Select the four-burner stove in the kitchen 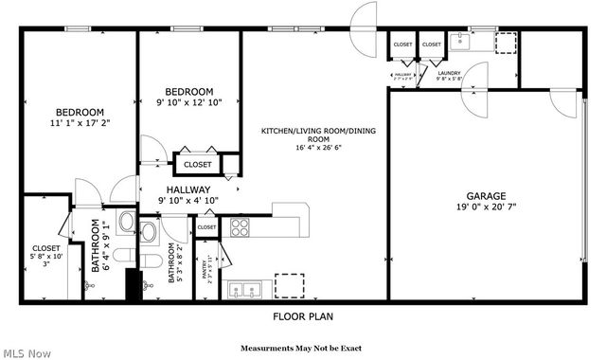pos(239,226)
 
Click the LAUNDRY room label pos(449,72)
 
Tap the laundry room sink pos(461,40)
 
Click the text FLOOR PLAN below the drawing pos(303,316)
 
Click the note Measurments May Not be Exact pos(301,347)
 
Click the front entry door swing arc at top pos(364,16)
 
